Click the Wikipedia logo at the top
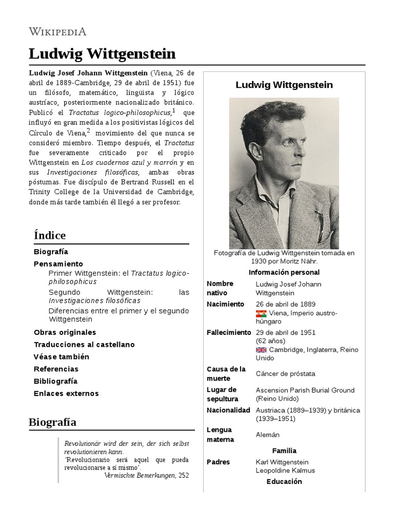57,31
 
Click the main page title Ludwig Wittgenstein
102,53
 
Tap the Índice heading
50,235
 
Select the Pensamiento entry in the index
58,264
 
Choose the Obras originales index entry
65,332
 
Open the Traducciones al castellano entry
84,345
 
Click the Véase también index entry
61,356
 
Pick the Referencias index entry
56,369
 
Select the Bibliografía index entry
55,381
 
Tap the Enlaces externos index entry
66,393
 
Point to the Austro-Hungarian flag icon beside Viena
261,314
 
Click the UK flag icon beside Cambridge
261,350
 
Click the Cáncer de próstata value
285,373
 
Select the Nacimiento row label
225,304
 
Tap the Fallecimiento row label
229,332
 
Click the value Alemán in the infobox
268,435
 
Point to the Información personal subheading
284,272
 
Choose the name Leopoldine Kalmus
285,471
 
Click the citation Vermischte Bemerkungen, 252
146,475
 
